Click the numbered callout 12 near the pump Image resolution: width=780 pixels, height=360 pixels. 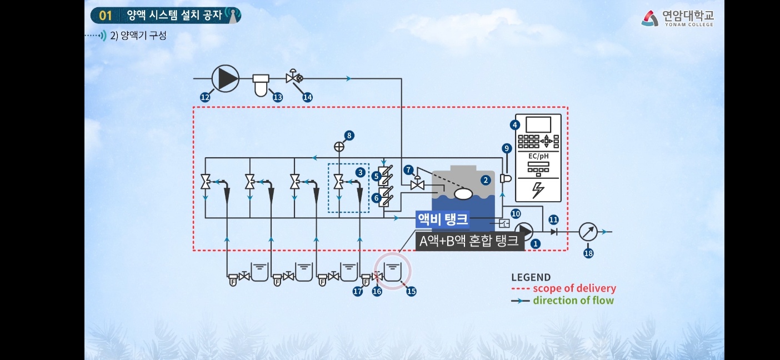click(x=205, y=97)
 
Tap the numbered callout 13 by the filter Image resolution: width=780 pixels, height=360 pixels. click(x=277, y=97)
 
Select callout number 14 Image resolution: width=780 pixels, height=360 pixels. click(x=307, y=97)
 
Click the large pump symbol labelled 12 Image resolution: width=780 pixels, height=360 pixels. click(x=226, y=78)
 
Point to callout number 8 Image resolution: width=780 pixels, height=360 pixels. click(x=349, y=135)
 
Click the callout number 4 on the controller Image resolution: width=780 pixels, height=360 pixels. click(x=515, y=125)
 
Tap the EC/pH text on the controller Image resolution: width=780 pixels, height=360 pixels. click(x=538, y=156)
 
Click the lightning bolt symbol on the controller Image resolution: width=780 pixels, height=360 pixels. click(x=538, y=190)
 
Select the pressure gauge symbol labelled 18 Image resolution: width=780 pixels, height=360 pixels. click(x=588, y=232)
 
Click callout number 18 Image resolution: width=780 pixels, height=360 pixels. click(x=588, y=253)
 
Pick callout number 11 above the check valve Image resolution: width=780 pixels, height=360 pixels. click(x=553, y=219)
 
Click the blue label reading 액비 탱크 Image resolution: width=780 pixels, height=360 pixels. click(x=442, y=220)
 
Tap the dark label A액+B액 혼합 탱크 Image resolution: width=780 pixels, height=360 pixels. click(x=469, y=241)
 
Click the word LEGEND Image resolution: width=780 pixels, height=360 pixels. click(x=531, y=277)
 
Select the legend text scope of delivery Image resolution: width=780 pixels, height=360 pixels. click(x=574, y=288)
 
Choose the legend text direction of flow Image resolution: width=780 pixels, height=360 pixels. click(x=573, y=301)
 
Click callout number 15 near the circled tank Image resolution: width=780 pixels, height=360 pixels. click(x=411, y=291)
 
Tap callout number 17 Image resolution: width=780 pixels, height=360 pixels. click(x=358, y=291)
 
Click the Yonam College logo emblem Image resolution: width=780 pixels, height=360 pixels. click(x=649, y=18)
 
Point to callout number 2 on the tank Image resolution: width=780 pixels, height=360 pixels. click(x=486, y=180)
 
